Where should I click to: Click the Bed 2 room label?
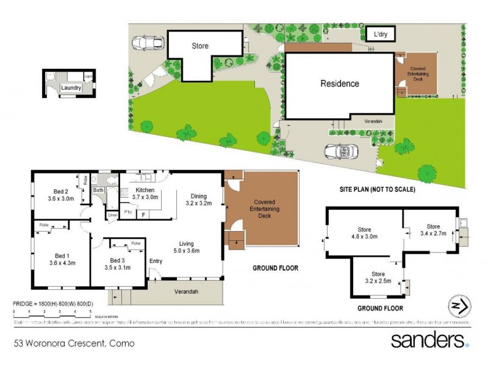pos(60,194)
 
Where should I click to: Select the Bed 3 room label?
pos(118,263)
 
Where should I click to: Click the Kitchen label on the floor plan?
pos(145,193)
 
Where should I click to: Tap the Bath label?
pos(98,190)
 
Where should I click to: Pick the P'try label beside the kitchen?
pos(128,212)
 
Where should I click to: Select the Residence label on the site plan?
pos(340,84)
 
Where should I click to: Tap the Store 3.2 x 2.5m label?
pos(379,278)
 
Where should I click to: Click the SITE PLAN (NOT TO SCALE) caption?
pos(377,190)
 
